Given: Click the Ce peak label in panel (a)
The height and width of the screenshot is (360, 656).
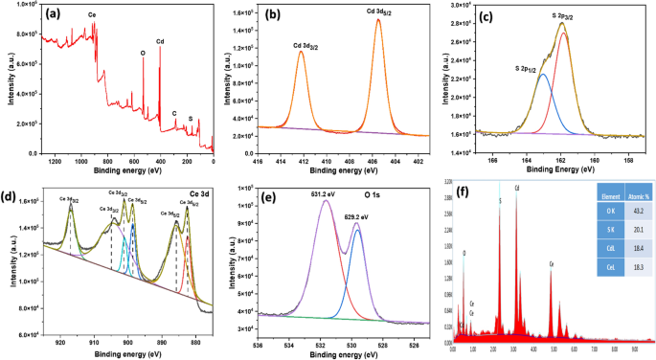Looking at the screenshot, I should coord(91,16).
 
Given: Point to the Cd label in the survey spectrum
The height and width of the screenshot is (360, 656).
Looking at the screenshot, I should coord(159,42).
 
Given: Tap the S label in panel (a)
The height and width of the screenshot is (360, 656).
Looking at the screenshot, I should coord(191,119).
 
